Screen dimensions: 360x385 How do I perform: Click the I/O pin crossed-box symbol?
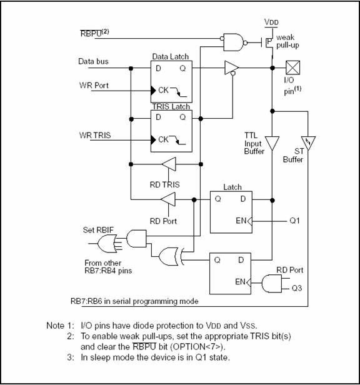pos(292,67)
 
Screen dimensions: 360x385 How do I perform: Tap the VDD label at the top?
pos(271,22)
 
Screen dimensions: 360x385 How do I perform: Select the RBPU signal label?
pos(94,33)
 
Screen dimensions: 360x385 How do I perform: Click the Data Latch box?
pos(171,82)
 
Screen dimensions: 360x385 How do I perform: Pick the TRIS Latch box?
pos(171,131)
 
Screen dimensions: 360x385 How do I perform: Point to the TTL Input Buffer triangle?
pos(272,143)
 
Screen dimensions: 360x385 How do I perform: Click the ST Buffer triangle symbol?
pos(308,143)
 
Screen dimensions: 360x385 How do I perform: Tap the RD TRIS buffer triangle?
pos(169,164)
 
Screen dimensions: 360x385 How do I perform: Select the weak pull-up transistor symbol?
pos(267,43)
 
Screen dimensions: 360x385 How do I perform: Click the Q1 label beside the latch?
pos(294,221)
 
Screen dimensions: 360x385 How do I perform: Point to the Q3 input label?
pos(297,288)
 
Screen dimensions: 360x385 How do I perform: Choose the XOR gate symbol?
pos(169,257)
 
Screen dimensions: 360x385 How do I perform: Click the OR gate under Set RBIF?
pos(107,244)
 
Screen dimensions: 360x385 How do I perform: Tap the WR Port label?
pos(94,86)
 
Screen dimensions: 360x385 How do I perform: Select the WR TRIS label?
pos(95,135)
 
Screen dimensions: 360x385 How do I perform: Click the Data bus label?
pos(93,61)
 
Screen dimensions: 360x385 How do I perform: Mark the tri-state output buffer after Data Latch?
pos(232,67)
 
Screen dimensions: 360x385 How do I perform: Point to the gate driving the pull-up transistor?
pos(234,42)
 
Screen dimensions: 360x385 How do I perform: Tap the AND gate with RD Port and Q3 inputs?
pos(272,284)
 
